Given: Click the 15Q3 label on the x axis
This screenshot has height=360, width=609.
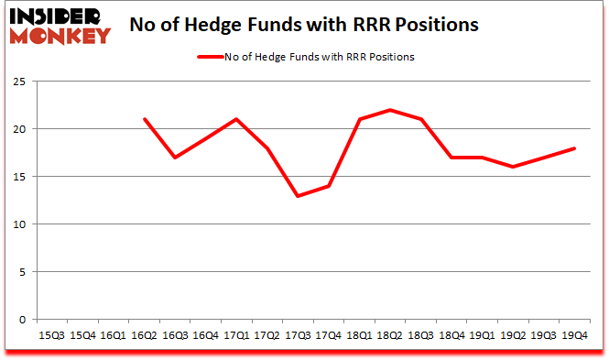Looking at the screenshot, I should click(52, 336).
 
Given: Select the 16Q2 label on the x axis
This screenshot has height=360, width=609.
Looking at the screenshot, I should click(144, 336).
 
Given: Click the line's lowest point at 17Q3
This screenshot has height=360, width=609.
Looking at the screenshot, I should click(297, 196).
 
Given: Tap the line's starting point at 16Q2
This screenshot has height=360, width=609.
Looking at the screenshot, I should click(144, 119).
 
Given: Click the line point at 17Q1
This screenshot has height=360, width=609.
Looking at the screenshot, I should click(236, 119).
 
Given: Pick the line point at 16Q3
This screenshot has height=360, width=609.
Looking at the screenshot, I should click(175, 158).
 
